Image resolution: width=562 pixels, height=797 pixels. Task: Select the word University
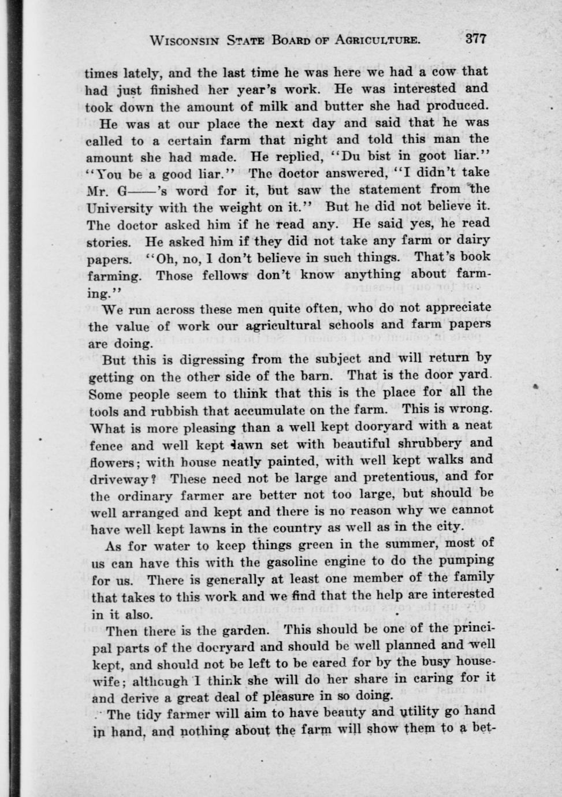pos(120,207)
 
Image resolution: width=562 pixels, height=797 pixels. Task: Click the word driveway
pos(118,479)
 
